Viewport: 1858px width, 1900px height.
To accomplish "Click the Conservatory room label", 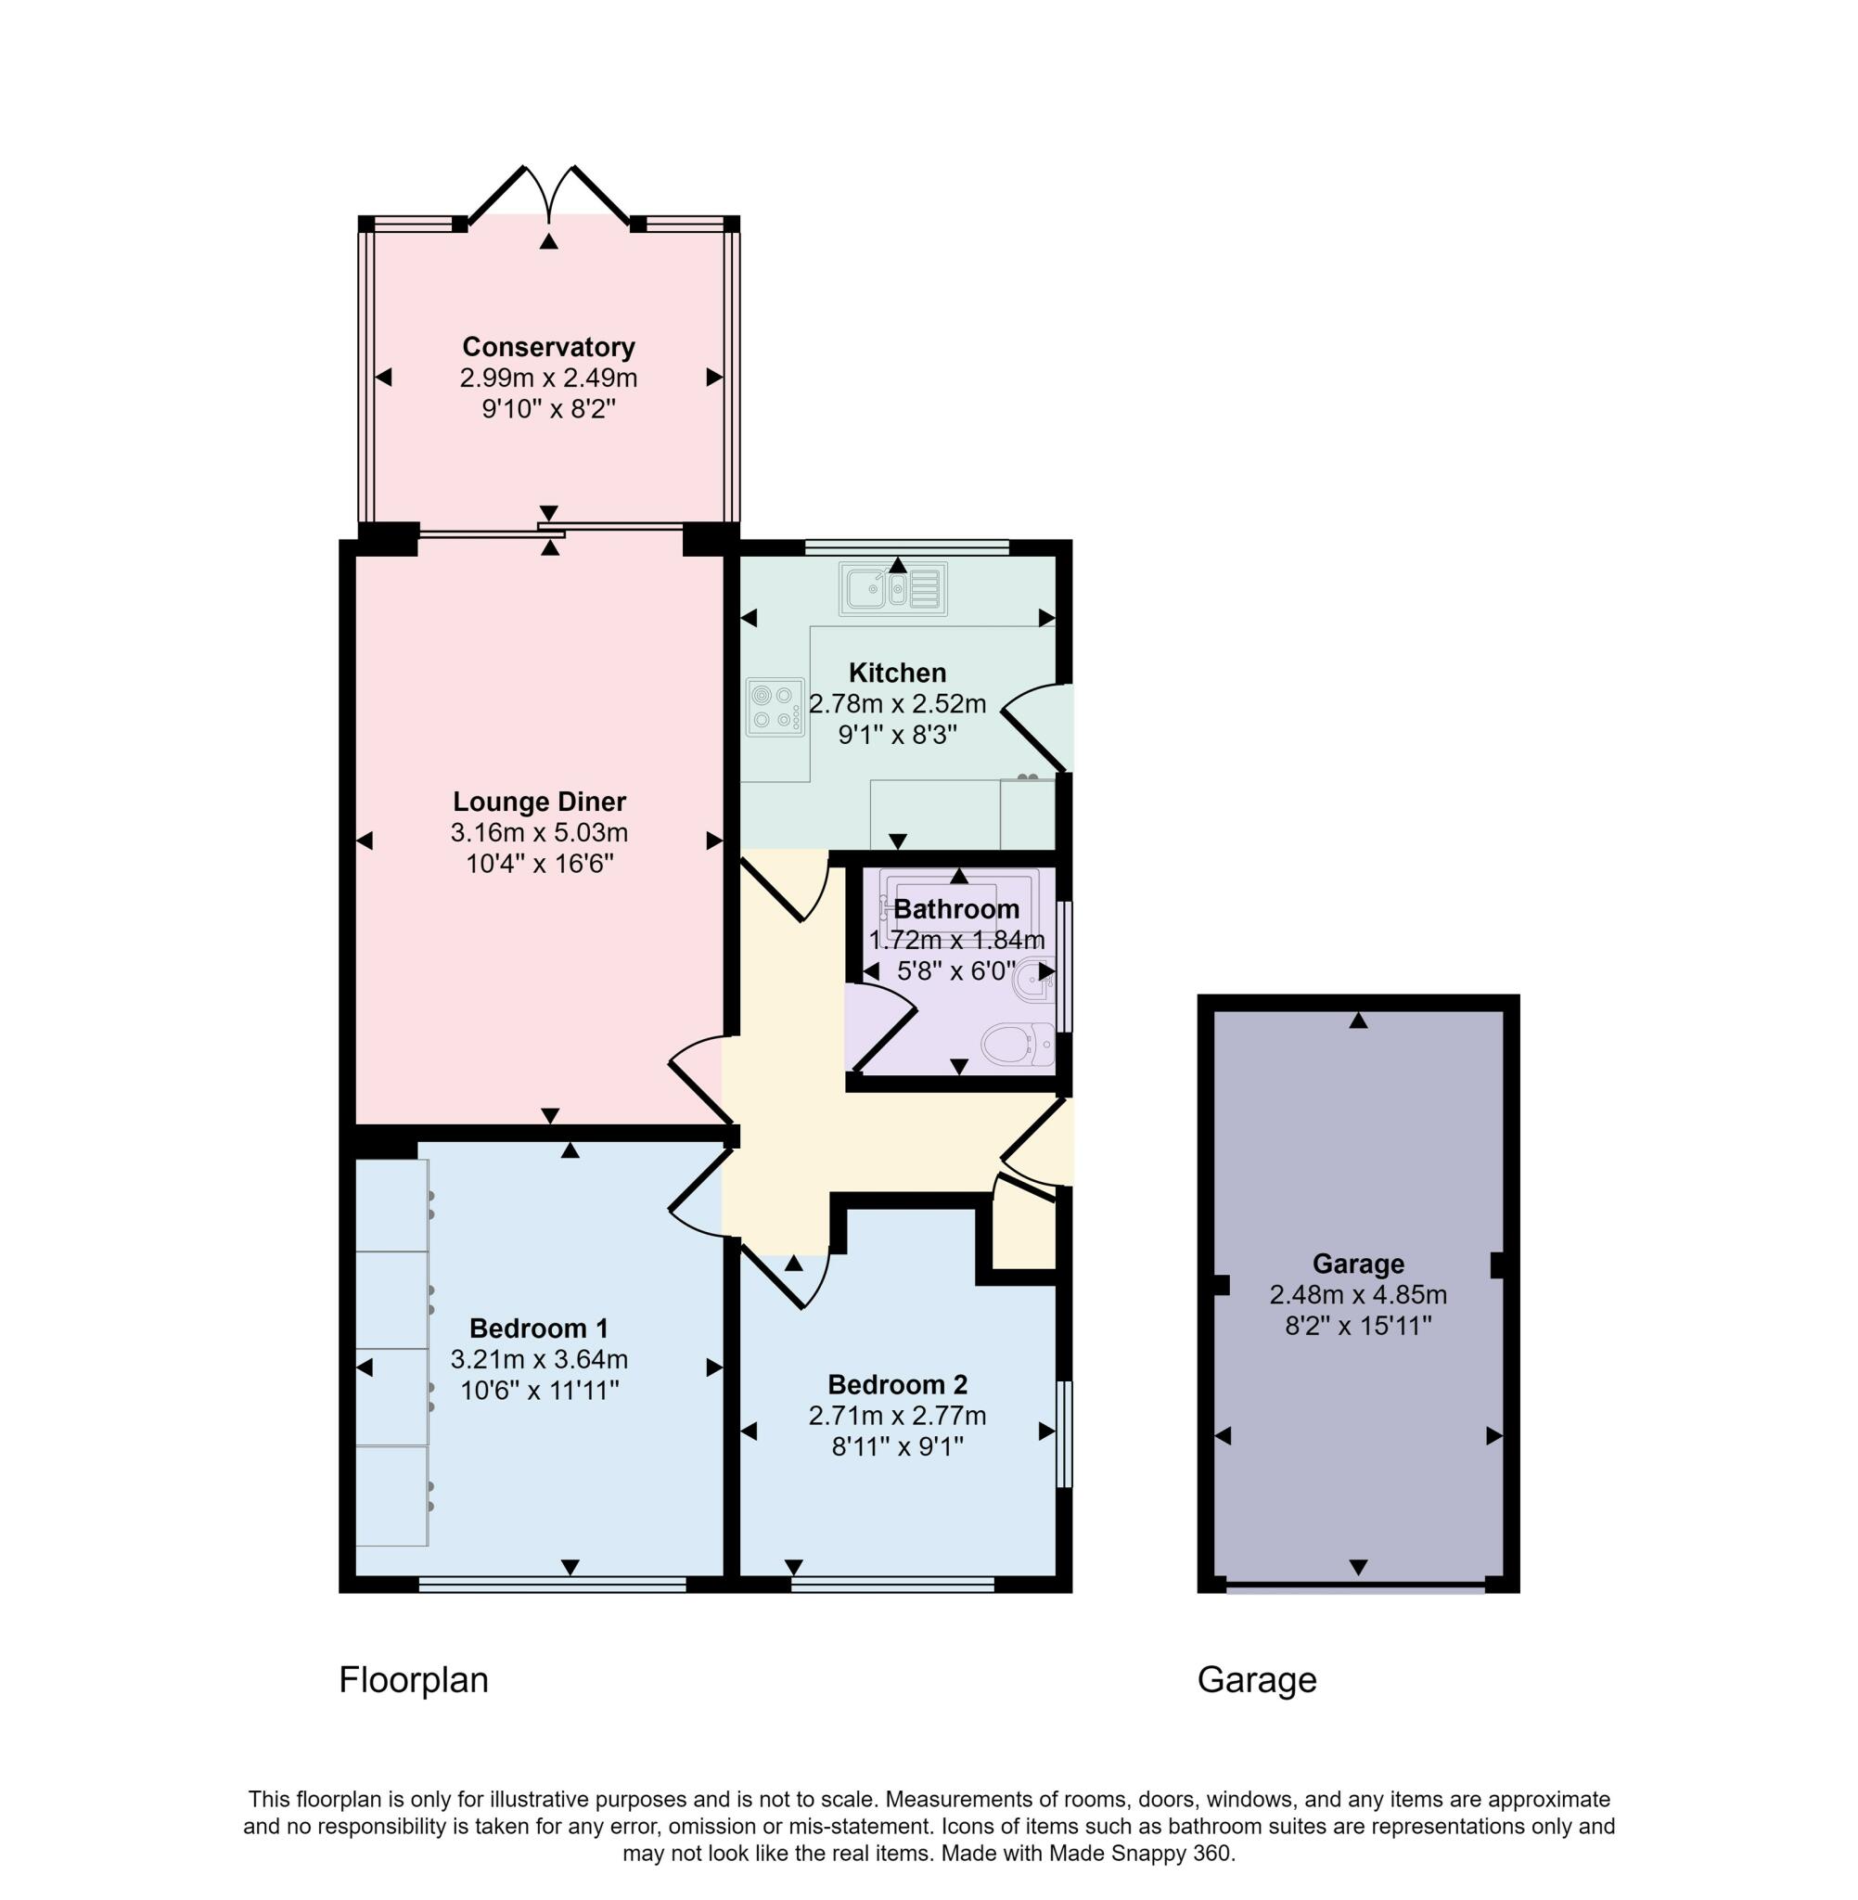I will click(x=548, y=347).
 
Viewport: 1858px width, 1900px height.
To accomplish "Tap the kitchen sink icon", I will click(x=893, y=589).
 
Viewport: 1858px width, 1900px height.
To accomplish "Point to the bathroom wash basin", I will click(x=1034, y=980).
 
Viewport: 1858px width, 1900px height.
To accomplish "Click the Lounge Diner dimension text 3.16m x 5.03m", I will click(x=539, y=833).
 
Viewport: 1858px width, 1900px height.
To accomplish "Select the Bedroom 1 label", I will click(x=539, y=1329).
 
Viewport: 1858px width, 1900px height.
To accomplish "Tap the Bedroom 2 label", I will click(x=897, y=1385).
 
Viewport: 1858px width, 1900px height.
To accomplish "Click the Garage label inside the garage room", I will click(x=1357, y=1264).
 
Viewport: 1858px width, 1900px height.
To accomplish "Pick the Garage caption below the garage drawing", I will click(x=1256, y=1680).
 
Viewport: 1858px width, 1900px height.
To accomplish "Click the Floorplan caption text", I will click(x=413, y=1680).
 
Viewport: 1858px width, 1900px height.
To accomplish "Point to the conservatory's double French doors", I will click(x=549, y=195).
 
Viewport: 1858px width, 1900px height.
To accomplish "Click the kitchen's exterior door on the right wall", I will click(x=1040, y=727).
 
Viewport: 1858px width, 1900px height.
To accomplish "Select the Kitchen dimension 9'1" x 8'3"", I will click(x=897, y=735).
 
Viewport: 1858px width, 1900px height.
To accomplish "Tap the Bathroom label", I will click(x=955, y=909).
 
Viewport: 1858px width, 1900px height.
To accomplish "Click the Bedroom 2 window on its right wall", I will click(x=1065, y=1432).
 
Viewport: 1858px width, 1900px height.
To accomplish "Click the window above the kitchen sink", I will click(x=906, y=547).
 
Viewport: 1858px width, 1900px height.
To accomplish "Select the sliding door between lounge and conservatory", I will click(x=551, y=533).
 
